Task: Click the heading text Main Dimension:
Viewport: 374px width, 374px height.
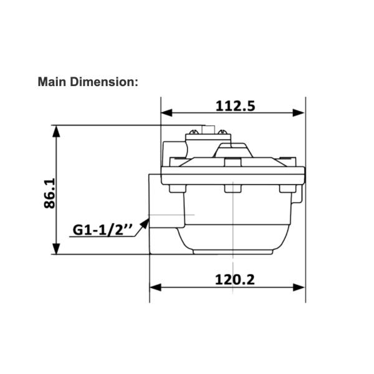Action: (87, 82)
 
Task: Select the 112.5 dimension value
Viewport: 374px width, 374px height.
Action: (235, 105)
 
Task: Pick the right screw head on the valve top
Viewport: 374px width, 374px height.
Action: (221, 131)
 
